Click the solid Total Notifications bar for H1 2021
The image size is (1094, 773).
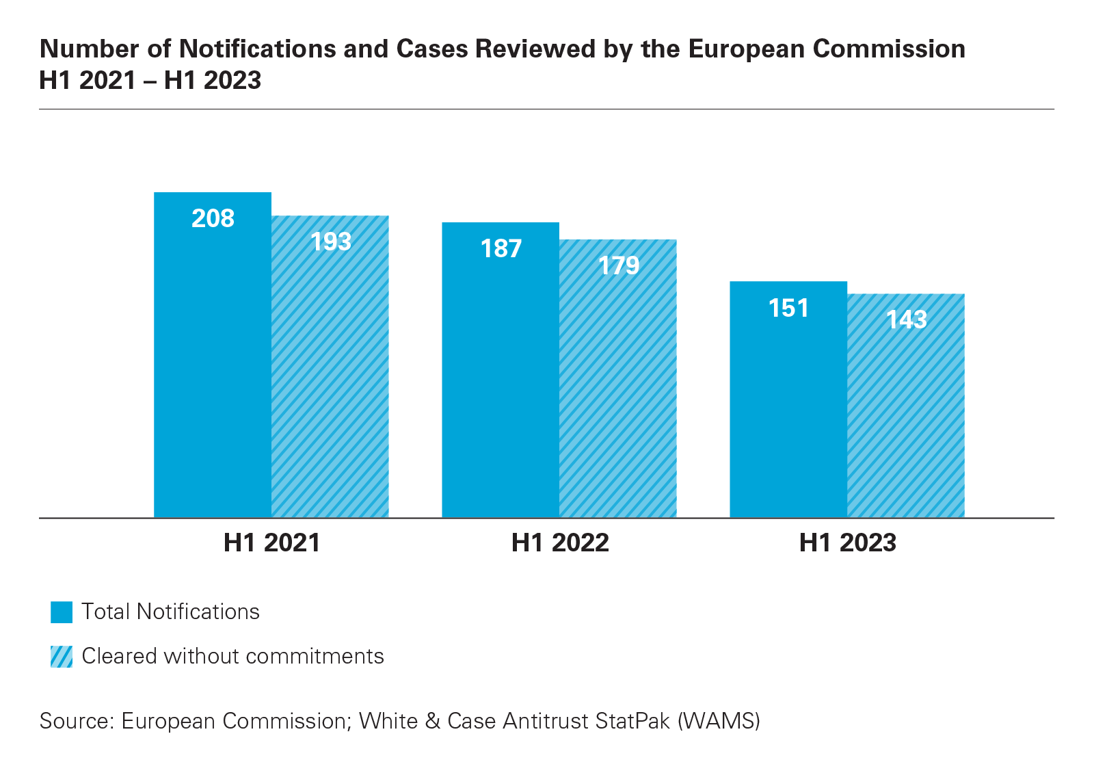click(213, 369)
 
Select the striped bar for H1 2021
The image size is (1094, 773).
click(330, 383)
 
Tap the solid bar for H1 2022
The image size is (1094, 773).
click(501, 383)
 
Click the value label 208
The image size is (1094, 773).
click(213, 218)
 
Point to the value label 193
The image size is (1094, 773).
click(331, 241)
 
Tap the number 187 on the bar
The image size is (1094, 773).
click(501, 248)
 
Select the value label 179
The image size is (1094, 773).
click(619, 265)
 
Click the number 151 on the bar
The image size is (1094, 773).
click(788, 308)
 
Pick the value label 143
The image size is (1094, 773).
click(907, 319)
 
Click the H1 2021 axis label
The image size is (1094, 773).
click(272, 542)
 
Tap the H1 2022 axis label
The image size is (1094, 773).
click(560, 542)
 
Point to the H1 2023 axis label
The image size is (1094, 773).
click(848, 542)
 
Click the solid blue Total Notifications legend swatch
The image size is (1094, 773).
click(62, 612)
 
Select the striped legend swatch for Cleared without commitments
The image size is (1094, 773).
click(62, 657)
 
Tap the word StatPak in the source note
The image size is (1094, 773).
click(632, 721)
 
